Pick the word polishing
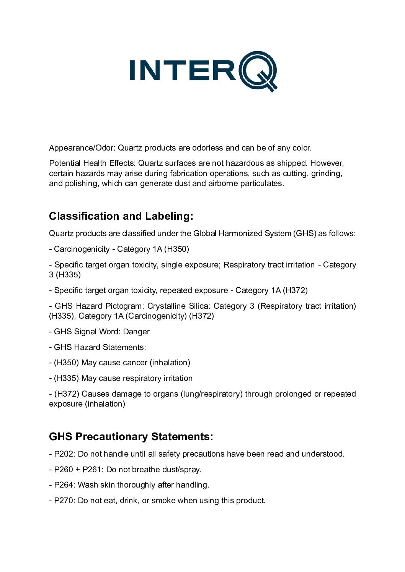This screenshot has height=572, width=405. click(80, 183)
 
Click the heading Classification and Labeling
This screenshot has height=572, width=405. click(121, 216)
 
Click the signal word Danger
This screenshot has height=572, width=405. click(136, 332)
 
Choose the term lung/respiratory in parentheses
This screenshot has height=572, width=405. click(211, 394)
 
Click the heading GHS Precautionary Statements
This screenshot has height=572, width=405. click(131, 437)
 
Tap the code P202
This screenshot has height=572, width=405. click(64, 454)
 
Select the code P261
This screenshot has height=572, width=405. click(92, 470)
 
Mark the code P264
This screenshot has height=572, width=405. click(64, 485)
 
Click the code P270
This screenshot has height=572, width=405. click(64, 501)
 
